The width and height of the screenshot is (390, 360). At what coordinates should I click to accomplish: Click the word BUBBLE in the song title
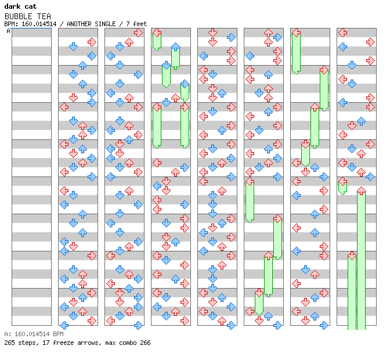point(19,16)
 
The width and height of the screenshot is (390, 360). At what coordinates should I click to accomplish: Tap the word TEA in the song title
point(44,16)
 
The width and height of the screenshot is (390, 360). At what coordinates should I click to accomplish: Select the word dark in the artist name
point(13,6)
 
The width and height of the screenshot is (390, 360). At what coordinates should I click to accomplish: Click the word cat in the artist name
point(31,6)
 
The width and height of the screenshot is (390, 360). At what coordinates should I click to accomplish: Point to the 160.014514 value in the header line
point(41,24)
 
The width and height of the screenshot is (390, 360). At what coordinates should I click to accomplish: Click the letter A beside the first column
point(8,31)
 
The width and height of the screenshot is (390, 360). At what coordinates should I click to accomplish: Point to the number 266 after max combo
point(145,343)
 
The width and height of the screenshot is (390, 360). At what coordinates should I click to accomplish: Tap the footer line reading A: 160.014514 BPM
point(33,334)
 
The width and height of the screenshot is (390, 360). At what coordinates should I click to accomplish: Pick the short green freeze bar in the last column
point(342,186)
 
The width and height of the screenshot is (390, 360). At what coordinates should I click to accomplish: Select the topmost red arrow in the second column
point(92,42)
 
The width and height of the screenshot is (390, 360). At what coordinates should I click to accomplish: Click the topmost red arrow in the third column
point(138,33)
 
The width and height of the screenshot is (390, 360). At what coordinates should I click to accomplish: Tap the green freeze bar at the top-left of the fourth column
point(157,41)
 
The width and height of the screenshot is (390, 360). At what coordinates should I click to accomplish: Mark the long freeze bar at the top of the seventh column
point(296,51)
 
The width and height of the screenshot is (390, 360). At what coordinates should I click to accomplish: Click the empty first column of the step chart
point(31,174)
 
